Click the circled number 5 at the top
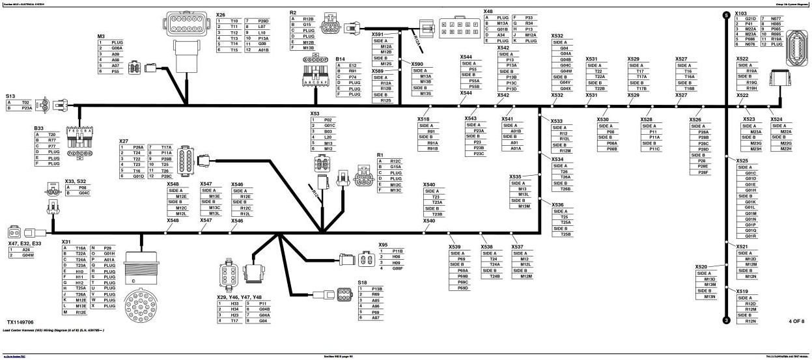click(726, 14)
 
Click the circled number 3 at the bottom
click(726, 320)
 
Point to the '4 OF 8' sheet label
click(796, 321)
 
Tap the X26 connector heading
click(221, 14)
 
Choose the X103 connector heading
click(740, 13)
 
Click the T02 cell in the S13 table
click(26, 103)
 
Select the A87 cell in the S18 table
click(376, 318)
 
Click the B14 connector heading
click(340, 59)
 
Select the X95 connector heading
click(383, 245)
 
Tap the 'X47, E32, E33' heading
click(24, 243)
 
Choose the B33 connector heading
click(39, 128)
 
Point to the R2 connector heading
click(293, 13)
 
